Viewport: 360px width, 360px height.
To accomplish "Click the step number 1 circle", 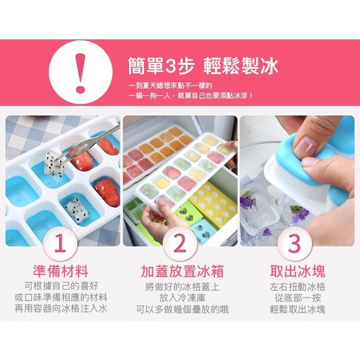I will [x=60, y=244].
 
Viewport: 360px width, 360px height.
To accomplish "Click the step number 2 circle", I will [x=180, y=244].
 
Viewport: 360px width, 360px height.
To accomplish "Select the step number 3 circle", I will [x=294, y=244].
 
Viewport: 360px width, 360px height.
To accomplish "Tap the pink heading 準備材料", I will [x=60, y=271].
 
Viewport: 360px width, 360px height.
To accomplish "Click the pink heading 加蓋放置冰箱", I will [x=180, y=271].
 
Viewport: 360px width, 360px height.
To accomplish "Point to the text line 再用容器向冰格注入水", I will [x=60, y=309].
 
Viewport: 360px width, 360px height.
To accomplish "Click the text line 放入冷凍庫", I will [x=180, y=298].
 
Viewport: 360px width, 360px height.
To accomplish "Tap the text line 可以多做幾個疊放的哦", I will [x=180, y=309].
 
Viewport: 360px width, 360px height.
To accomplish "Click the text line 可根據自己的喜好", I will [x=60, y=286].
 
